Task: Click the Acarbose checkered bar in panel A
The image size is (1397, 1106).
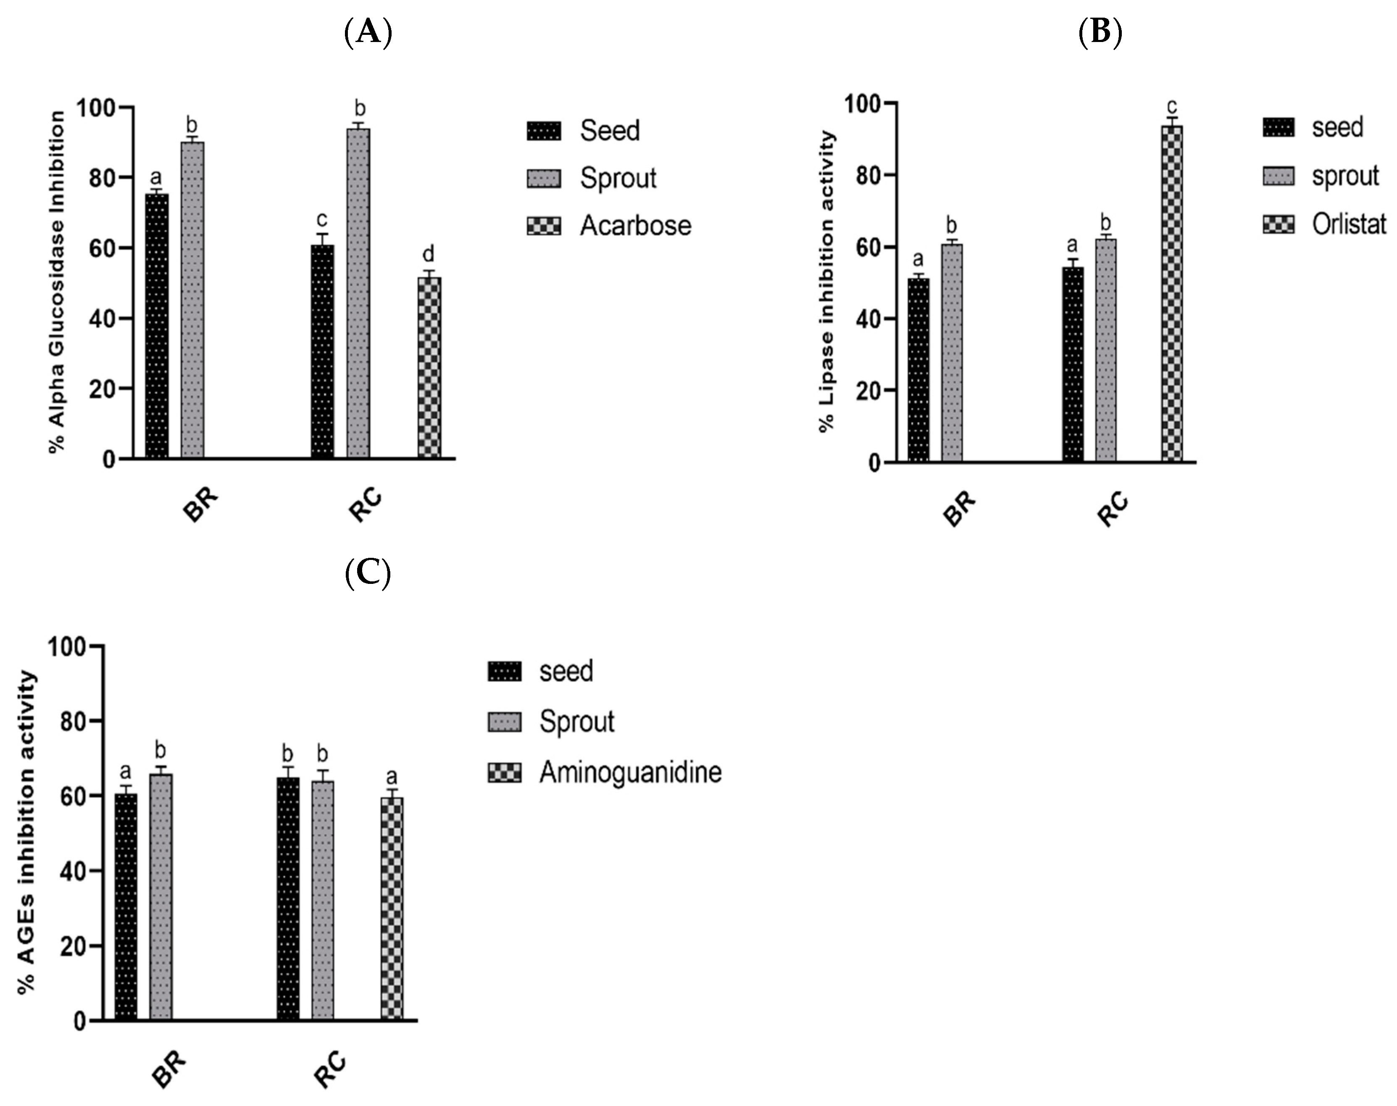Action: [429, 368]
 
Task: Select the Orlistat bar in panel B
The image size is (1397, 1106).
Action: [1171, 293]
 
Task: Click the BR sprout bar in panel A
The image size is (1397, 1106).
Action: [192, 300]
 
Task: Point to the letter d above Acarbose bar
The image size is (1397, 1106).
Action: [428, 254]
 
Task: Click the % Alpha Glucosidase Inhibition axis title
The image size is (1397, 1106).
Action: [58, 282]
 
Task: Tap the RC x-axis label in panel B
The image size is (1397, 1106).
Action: [1113, 510]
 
